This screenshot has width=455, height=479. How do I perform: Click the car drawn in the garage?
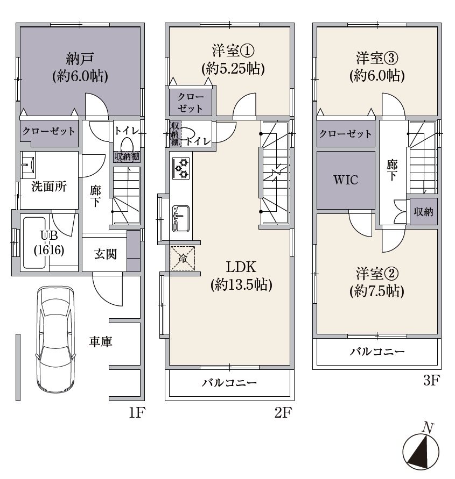coord(55,340)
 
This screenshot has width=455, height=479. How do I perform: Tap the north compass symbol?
coord(421,449)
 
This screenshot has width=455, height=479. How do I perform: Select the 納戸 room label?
coord(80,67)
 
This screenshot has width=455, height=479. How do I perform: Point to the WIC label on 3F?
coord(346,180)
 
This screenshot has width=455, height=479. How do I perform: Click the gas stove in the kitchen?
coord(181,168)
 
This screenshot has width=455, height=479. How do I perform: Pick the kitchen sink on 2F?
coord(180,218)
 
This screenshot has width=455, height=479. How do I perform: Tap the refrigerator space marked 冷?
coord(183,258)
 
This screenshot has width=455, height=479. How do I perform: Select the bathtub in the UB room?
coord(34,243)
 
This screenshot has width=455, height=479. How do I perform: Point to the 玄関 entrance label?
coord(105,254)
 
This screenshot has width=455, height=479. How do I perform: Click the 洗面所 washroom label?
coord(49,187)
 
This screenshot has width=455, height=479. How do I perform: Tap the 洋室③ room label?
coord(377,67)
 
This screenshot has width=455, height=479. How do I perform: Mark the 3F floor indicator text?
coord(431,381)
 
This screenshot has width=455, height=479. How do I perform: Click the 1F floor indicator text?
coord(136,413)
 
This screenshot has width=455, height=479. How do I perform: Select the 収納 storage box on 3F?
coord(423,211)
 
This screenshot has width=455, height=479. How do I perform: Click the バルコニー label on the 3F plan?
coord(377,352)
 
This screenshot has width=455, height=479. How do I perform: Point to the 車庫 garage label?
coord(101,341)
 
